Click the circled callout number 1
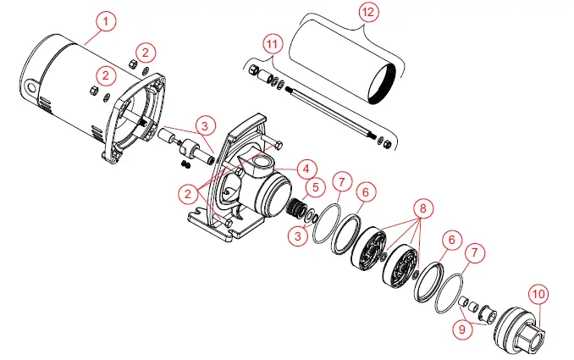(x=104, y=19)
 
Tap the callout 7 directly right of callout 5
(x=341, y=182)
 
